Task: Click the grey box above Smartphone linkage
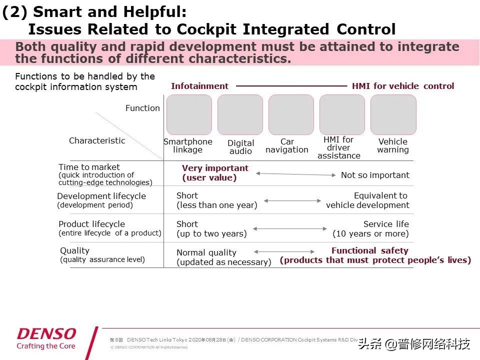[189, 114]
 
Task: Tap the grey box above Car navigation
[291, 114]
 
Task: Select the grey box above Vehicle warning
[393, 114]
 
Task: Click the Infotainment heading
[199, 86]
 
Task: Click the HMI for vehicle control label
[403, 86]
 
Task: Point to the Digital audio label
[240, 147]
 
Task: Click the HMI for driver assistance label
[338, 147]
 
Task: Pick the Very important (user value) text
[215, 172]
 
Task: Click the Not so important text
[375, 175]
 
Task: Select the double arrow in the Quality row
[284, 252]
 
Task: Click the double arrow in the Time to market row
[295, 174]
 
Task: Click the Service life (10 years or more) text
[371, 229]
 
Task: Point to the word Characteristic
[97, 140]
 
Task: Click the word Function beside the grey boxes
[142, 108]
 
